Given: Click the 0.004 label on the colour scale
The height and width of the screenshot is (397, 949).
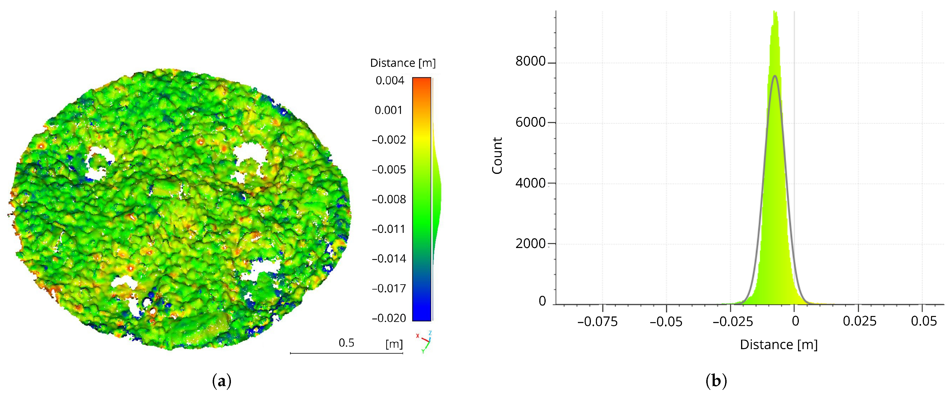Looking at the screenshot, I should click(390, 81).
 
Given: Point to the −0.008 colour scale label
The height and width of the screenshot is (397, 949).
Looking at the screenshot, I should click(389, 199).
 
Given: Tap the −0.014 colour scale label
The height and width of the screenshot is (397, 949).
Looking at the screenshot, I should click(389, 259).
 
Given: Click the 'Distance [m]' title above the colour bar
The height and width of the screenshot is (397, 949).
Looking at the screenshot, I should click(403, 63).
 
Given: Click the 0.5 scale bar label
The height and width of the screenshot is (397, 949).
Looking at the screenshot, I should click(346, 343).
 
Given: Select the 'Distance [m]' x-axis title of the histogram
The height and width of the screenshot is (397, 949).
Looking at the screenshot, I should click(779, 345).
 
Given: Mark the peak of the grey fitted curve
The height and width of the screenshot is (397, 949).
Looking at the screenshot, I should click(775, 76).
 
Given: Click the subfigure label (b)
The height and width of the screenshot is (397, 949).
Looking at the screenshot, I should click(716, 381).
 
